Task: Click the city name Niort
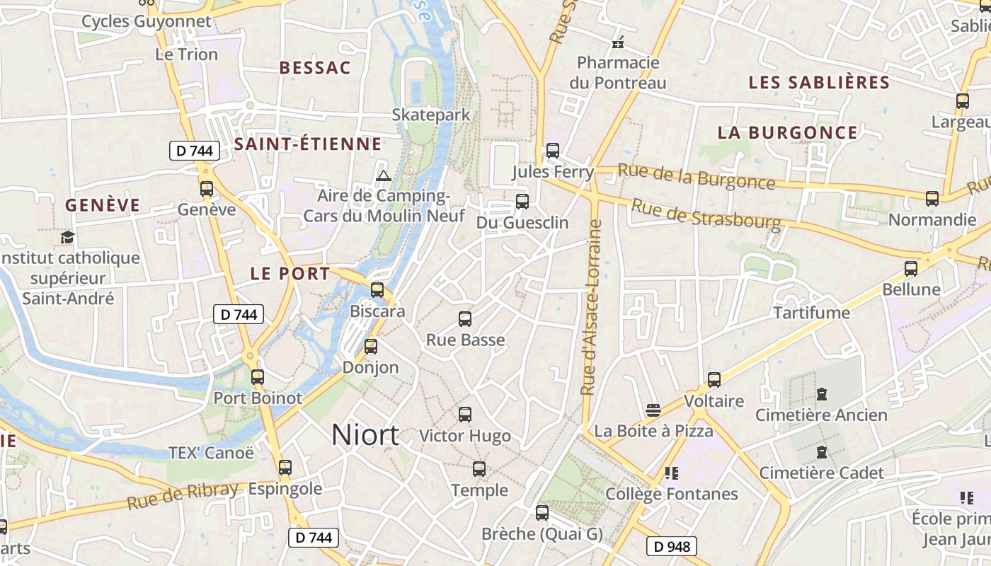coord(365,434)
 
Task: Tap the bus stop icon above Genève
coord(207,189)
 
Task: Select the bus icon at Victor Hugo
coord(465,415)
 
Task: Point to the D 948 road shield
coord(672,546)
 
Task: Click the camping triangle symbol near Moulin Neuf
coord(384,175)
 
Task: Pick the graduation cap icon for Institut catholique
coord(67,237)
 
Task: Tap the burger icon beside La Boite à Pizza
coord(653,410)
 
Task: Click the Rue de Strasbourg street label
coord(706,215)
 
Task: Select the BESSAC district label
coord(315,68)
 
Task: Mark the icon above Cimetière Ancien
coord(822,393)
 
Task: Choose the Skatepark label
coord(431,115)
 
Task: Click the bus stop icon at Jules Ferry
coord(553,151)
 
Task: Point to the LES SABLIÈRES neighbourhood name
coord(819,82)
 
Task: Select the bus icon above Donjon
coord(371,347)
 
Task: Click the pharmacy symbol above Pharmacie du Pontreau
coord(618,42)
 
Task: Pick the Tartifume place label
coord(811,313)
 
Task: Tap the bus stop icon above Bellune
coord(911,269)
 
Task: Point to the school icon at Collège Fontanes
coord(671,473)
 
